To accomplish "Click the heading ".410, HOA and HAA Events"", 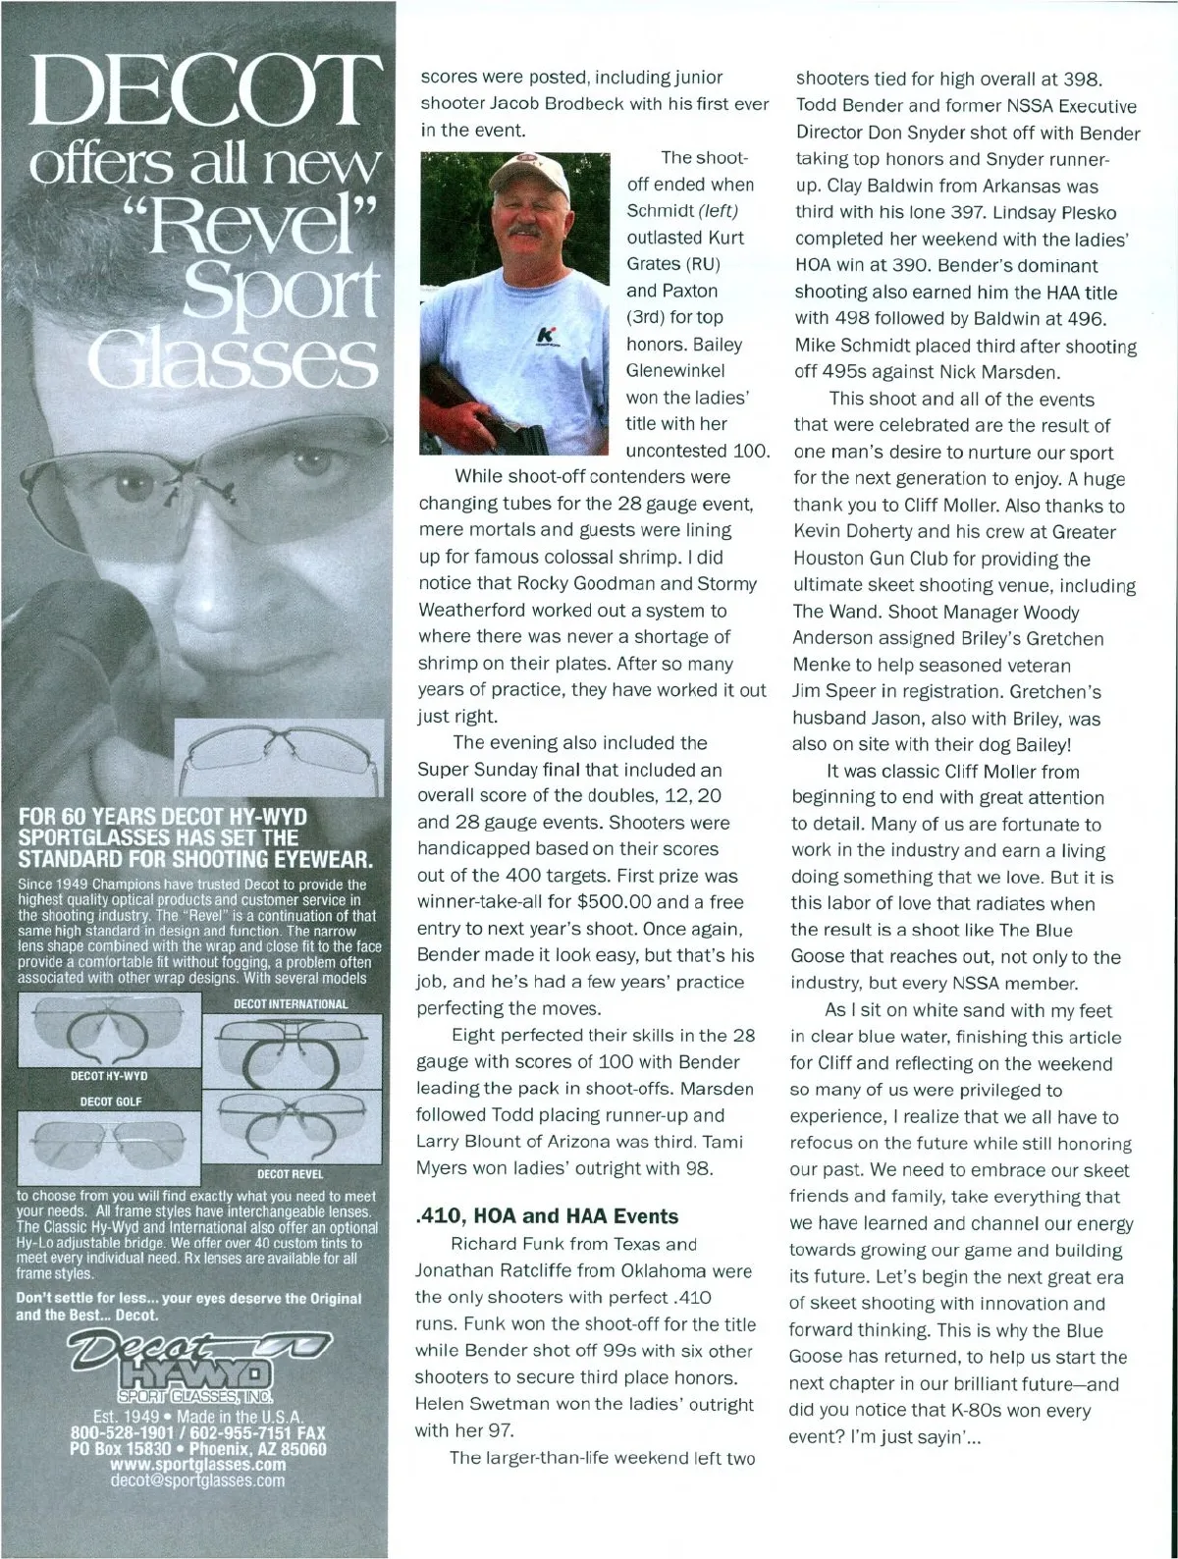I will point(547,1216).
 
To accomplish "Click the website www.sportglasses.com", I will point(197,1464).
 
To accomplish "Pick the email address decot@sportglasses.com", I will point(196,1479).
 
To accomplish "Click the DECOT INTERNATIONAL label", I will point(291,1004).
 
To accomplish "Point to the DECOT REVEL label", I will point(290,1173).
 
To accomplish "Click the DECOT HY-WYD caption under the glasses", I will point(109,1077).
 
